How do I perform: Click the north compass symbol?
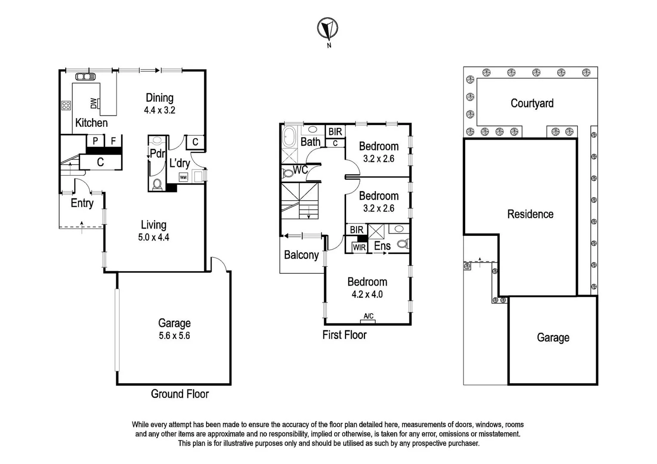coord(328,29)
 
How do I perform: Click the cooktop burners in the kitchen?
coord(66,105)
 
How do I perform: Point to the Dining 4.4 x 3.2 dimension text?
coord(160,110)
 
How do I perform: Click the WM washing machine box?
coord(183,177)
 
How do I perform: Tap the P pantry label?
coord(95,141)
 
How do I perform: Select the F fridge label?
coord(114,141)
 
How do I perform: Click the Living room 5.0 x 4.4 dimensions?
coord(154,237)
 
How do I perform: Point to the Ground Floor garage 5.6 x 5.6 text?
coord(174,336)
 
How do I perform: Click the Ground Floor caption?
coord(180,394)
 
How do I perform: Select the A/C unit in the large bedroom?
coord(368,318)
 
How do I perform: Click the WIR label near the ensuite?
coord(359,247)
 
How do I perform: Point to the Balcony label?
coord(301,255)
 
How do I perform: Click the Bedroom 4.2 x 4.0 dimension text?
coord(367,294)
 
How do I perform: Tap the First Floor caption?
coord(344,335)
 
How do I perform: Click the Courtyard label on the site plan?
coord(532,103)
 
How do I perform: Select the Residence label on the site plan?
coord(530,214)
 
